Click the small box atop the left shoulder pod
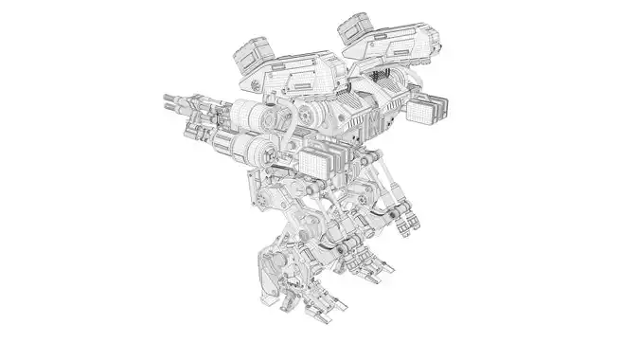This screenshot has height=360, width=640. click(x=251, y=49)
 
